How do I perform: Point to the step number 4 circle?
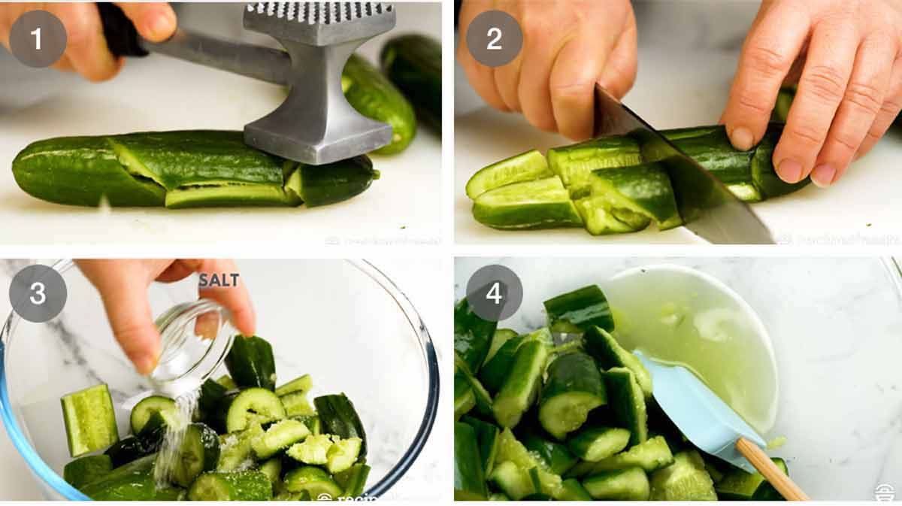pos(494,293)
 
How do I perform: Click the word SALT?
pos(219,280)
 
